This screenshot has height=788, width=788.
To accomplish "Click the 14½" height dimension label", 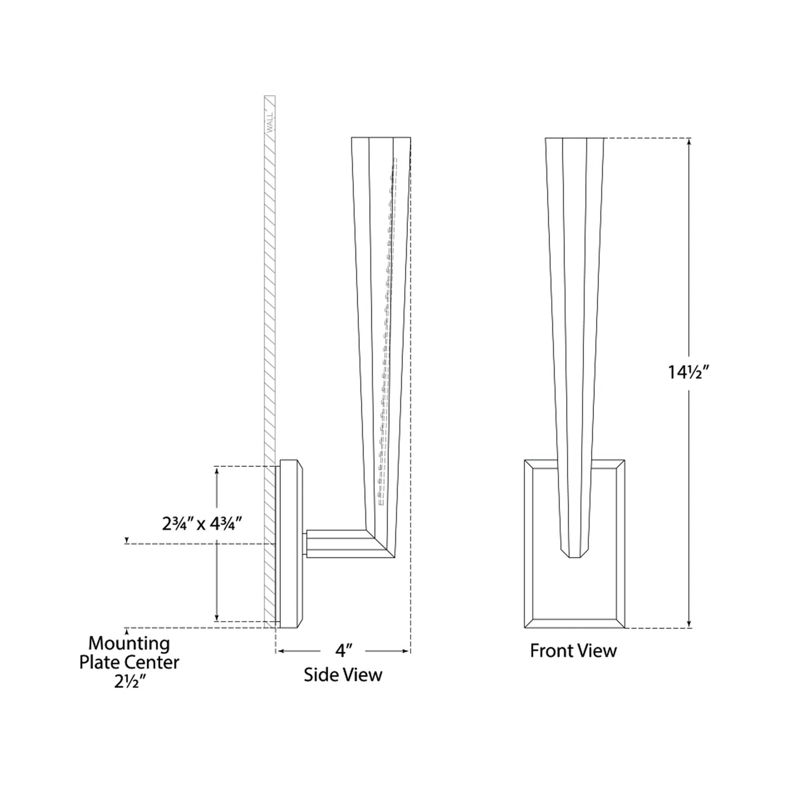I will pyautogui.click(x=688, y=372).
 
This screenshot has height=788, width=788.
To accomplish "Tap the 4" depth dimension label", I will pyautogui.click(x=342, y=651).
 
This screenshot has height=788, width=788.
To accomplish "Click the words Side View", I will pyautogui.click(x=343, y=675).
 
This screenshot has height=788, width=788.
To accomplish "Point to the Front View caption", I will pyautogui.click(x=573, y=651).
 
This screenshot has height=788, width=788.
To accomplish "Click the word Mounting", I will pyautogui.click(x=129, y=644).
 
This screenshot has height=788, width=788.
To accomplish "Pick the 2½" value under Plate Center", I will pyautogui.click(x=129, y=682).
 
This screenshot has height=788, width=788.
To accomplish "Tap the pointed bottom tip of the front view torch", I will pyautogui.click(x=574, y=556).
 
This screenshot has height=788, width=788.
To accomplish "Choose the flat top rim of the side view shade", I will pyautogui.click(x=381, y=138).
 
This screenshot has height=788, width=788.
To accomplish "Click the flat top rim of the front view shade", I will pyautogui.click(x=574, y=139).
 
